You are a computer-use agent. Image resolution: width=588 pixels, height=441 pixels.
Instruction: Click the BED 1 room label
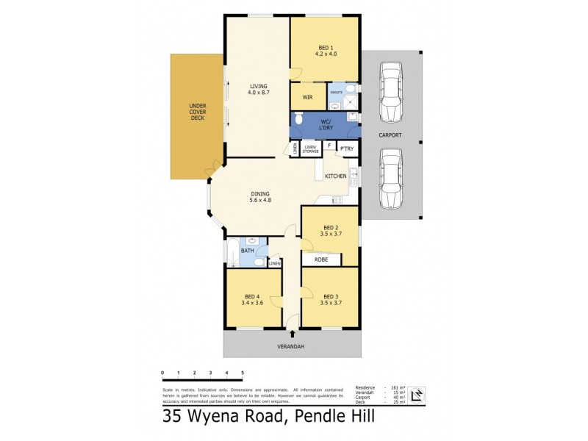pyautogui.click(x=325, y=50)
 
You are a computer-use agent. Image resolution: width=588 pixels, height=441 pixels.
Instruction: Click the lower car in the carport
pyautogui.click(x=390, y=178)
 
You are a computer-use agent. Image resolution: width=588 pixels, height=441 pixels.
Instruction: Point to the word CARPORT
pyautogui.click(x=390, y=135)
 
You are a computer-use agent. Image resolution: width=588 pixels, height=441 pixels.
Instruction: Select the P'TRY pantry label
pyautogui.click(x=346, y=149)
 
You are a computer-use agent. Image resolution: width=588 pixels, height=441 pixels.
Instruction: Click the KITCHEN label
pyautogui.click(x=335, y=176)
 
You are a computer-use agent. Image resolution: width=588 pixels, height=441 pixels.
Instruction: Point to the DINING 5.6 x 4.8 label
pyautogui.click(x=261, y=196)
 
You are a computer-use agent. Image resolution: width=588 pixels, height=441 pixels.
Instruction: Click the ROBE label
pyautogui.click(x=321, y=259)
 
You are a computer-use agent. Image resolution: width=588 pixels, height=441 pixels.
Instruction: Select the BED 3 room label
pyautogui.click(x=330, y=298)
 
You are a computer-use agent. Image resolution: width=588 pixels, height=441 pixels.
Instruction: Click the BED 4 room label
pyautogui.click(x=253, y=298)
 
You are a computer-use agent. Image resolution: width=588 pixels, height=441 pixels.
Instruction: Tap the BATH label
pyautogui.click(x=248, y=251)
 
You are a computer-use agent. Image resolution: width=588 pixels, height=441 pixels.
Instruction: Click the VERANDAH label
pyautogui.click(x=292, y=346)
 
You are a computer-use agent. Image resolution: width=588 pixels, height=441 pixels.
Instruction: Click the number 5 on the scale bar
pyautogui.click(x=243, y=373)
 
